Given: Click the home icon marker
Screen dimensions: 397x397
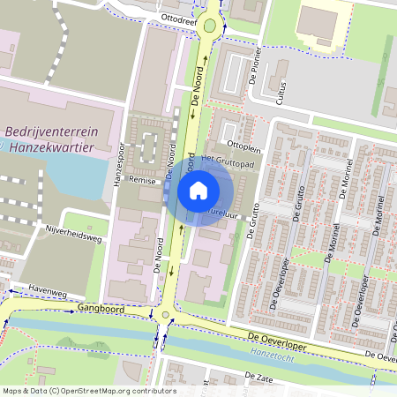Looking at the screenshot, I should tap(198, 190).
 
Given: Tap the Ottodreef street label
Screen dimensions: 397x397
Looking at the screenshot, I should tap(179, 18).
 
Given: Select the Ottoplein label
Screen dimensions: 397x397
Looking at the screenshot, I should tap(244, 144).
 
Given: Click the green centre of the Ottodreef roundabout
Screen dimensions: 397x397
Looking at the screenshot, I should tap(209, 26).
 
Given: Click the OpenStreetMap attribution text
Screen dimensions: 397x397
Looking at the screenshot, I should tap(88, 391).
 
